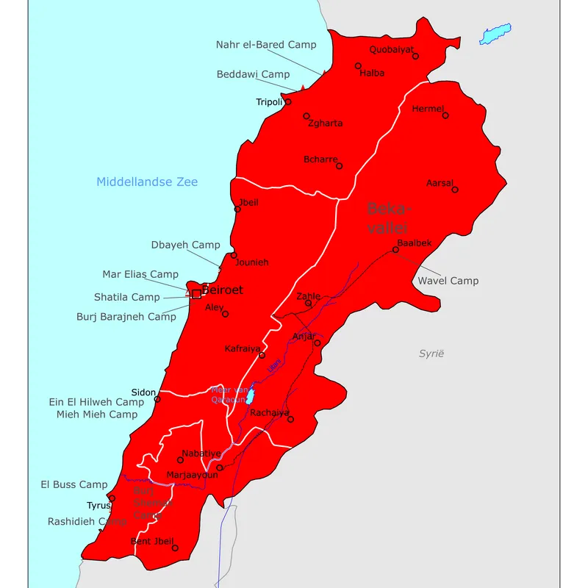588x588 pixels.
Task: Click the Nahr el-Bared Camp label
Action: pos(266,45)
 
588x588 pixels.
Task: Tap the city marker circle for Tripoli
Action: pos(288,101)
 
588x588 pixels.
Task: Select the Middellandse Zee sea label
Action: pos(147,182)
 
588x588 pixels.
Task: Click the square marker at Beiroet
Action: pos(196,293)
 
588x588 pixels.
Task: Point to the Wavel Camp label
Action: pos(448,281)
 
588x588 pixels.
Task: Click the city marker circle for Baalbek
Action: pos(395,250)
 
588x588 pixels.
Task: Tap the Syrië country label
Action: pos(432,354)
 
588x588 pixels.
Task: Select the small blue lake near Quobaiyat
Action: pos(495,34)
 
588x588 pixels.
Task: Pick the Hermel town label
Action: pos(428,109)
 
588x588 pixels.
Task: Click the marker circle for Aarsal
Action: pos(455,190)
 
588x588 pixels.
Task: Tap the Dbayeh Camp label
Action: pos(185,245)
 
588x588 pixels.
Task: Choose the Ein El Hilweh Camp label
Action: pos(96,402)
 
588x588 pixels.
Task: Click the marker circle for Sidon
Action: pos(157,399)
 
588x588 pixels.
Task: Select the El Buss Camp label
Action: pos(73,485)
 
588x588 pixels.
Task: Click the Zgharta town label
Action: pos(325,123)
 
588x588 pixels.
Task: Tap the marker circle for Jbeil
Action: pos(237,209)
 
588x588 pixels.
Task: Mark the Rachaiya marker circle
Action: pos(290,420)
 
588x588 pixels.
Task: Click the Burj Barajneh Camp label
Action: pos(126,318)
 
